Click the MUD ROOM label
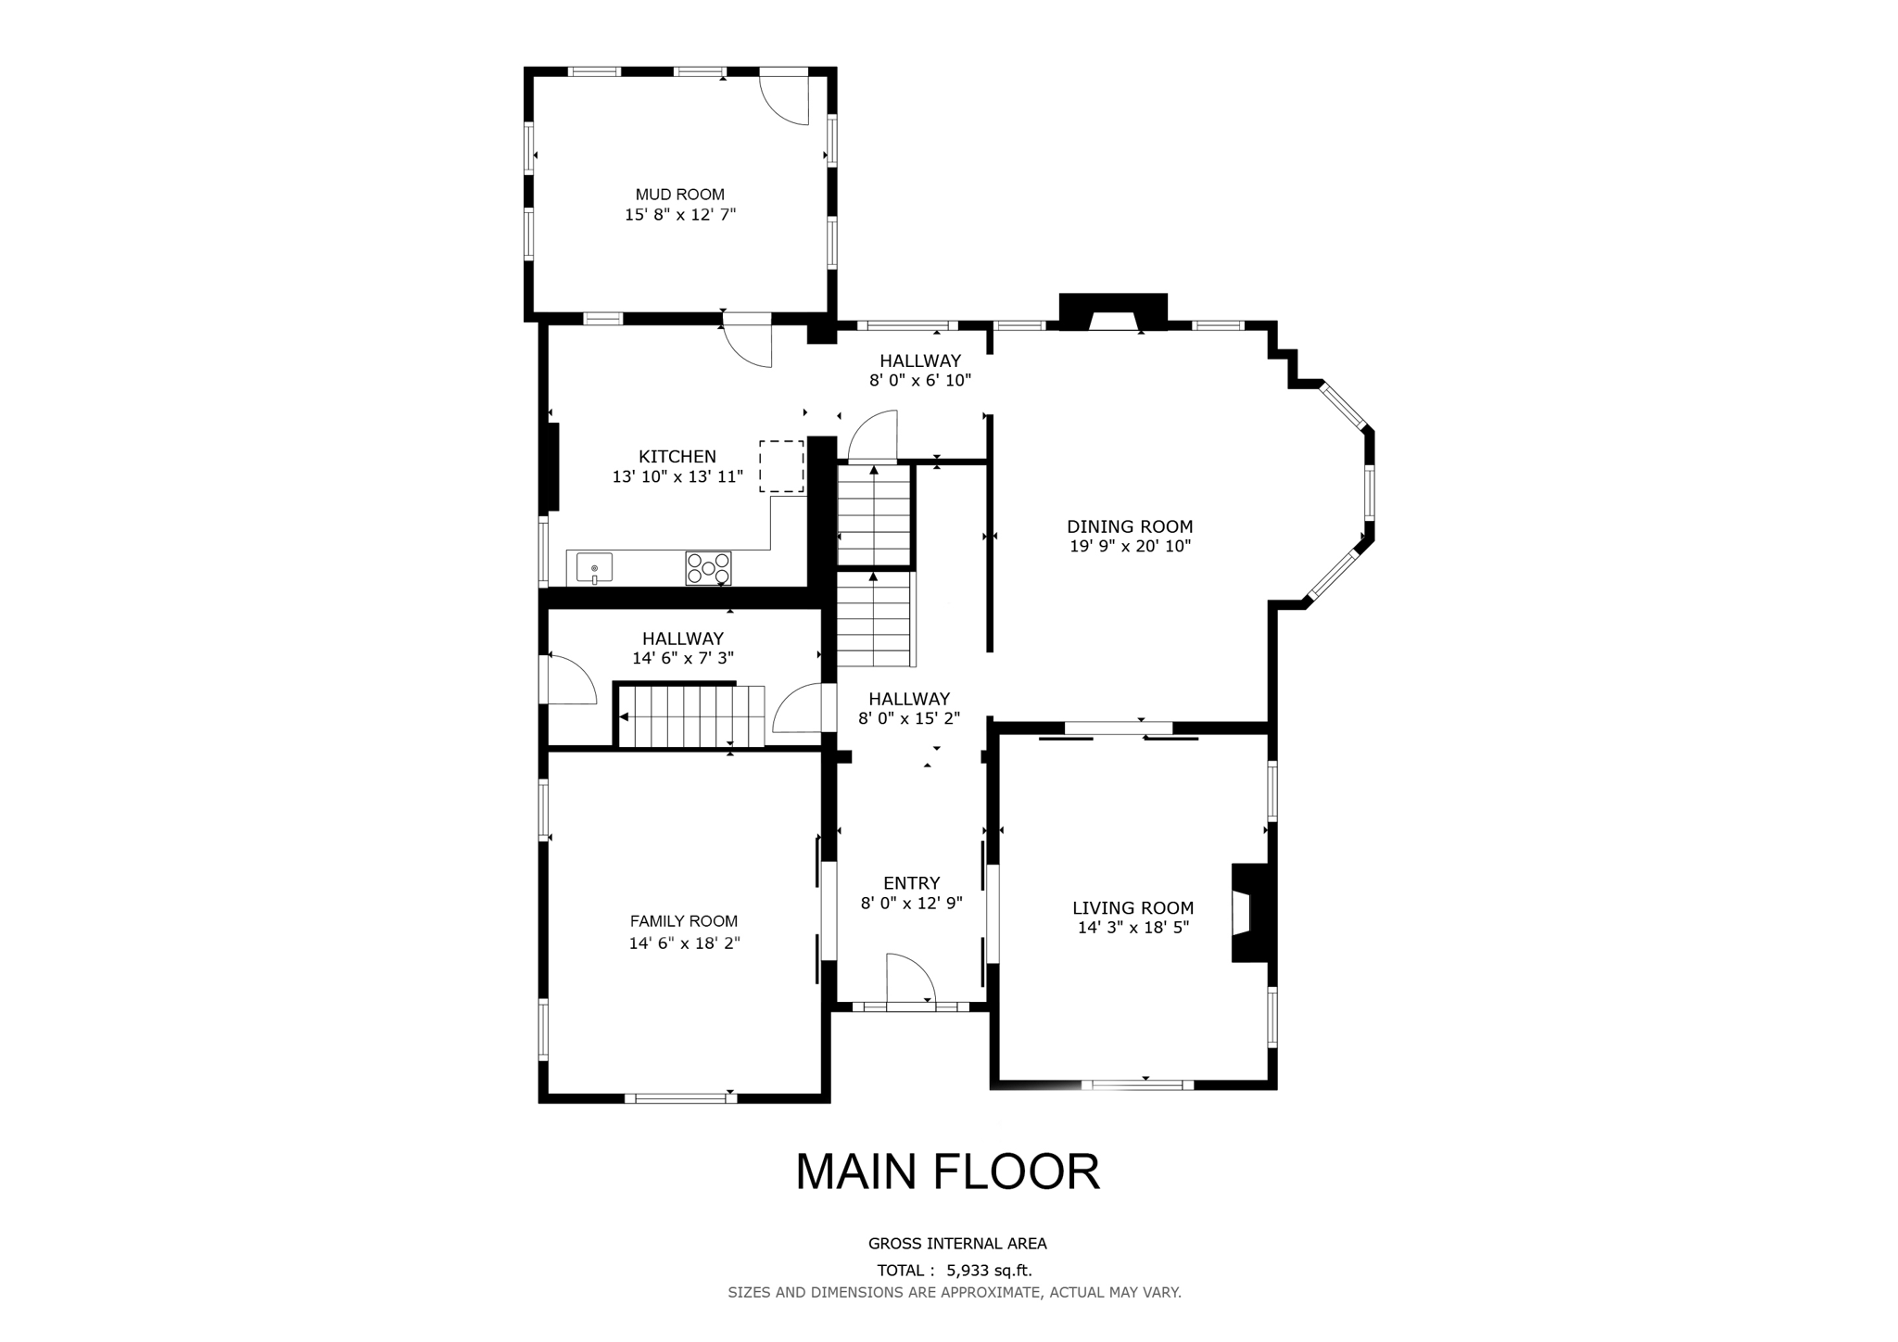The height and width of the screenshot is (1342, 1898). (x=679, y=195)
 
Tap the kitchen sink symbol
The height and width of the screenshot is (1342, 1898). (x=594, y=567)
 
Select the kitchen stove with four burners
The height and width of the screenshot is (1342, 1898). (x=708, y=568)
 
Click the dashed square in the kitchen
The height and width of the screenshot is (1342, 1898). (x=781, y=466)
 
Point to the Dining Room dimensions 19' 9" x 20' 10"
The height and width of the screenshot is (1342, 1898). (x=1130, y=547)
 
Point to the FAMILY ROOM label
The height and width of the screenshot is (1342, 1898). (x=683, y=921)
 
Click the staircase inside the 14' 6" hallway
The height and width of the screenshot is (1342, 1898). (x=690, y=715)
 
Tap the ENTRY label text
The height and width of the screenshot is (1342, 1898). (x=911, y=883)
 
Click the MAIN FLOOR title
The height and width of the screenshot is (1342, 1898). (x=947, y=1171)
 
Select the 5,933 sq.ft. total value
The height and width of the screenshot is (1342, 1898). (x=988, y=1271)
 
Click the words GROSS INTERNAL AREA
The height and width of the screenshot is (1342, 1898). (x=956, y=1244)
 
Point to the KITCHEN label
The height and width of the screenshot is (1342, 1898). (x=677, y=456)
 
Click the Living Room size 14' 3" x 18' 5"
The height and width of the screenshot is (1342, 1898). (x=1132, y=928)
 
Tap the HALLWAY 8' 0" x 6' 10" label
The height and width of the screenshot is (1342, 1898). (x=919, y=370)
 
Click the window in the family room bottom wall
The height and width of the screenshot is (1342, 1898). (x=680, y=1098)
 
